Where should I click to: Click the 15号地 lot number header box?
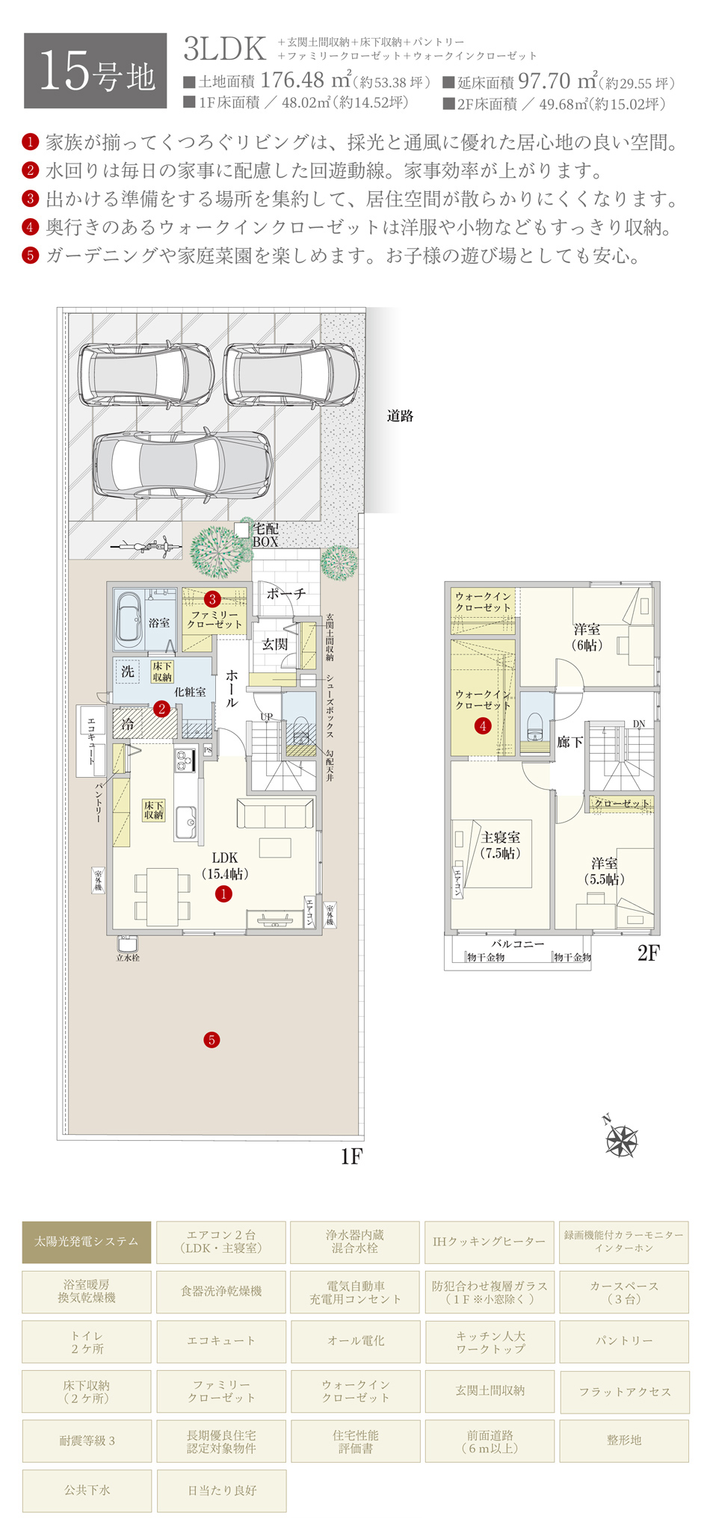[95, 71]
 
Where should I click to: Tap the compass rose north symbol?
[621, 1140]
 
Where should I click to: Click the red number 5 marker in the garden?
[212, 1039]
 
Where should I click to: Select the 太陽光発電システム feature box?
[87, 1242]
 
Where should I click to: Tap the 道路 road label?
[400, 416]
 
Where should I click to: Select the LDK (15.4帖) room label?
[224, 865]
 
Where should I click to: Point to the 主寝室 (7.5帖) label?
[500, 845]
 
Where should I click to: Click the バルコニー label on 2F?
[517, 944]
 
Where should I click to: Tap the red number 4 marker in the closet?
[483, 725]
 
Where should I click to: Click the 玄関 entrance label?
[275, 643]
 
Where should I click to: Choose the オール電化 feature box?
[356, 1341]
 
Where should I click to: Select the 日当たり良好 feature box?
[221, 1490]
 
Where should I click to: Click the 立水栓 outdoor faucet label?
[127, 957]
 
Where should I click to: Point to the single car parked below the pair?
[182, 467]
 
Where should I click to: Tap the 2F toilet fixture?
[535, 722]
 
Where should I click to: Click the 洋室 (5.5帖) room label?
[604, 871]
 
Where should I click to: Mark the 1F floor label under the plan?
[351, 1156]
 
